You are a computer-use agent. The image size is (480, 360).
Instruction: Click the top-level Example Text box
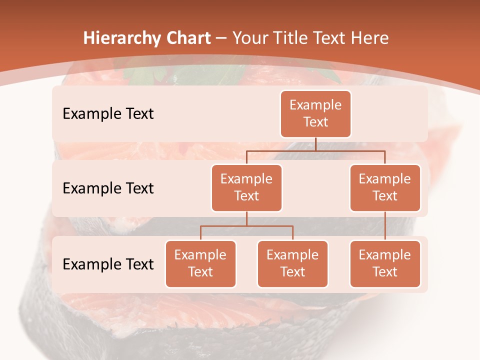[315, 114]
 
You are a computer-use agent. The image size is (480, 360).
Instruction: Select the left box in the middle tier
[246, 188]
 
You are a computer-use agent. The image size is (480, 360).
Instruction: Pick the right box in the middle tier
[385, 188]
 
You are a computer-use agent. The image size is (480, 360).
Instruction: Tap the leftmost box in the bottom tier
[200, 264]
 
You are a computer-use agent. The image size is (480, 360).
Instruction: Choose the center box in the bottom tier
[292, 264]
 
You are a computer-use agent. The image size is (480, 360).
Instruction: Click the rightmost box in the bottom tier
[385, 264]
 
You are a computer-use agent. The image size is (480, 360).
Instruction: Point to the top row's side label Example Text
[108, 114]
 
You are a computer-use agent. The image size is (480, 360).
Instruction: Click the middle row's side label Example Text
[108, 188]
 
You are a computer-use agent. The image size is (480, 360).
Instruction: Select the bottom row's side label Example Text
[108, 264]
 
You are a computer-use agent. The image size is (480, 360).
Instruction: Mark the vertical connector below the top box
[315, 144]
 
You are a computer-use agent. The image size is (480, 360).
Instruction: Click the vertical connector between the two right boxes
[385, 226]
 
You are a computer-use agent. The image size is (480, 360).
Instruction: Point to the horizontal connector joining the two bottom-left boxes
[246, 226]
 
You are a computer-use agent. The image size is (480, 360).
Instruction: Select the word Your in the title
[249, 38]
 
